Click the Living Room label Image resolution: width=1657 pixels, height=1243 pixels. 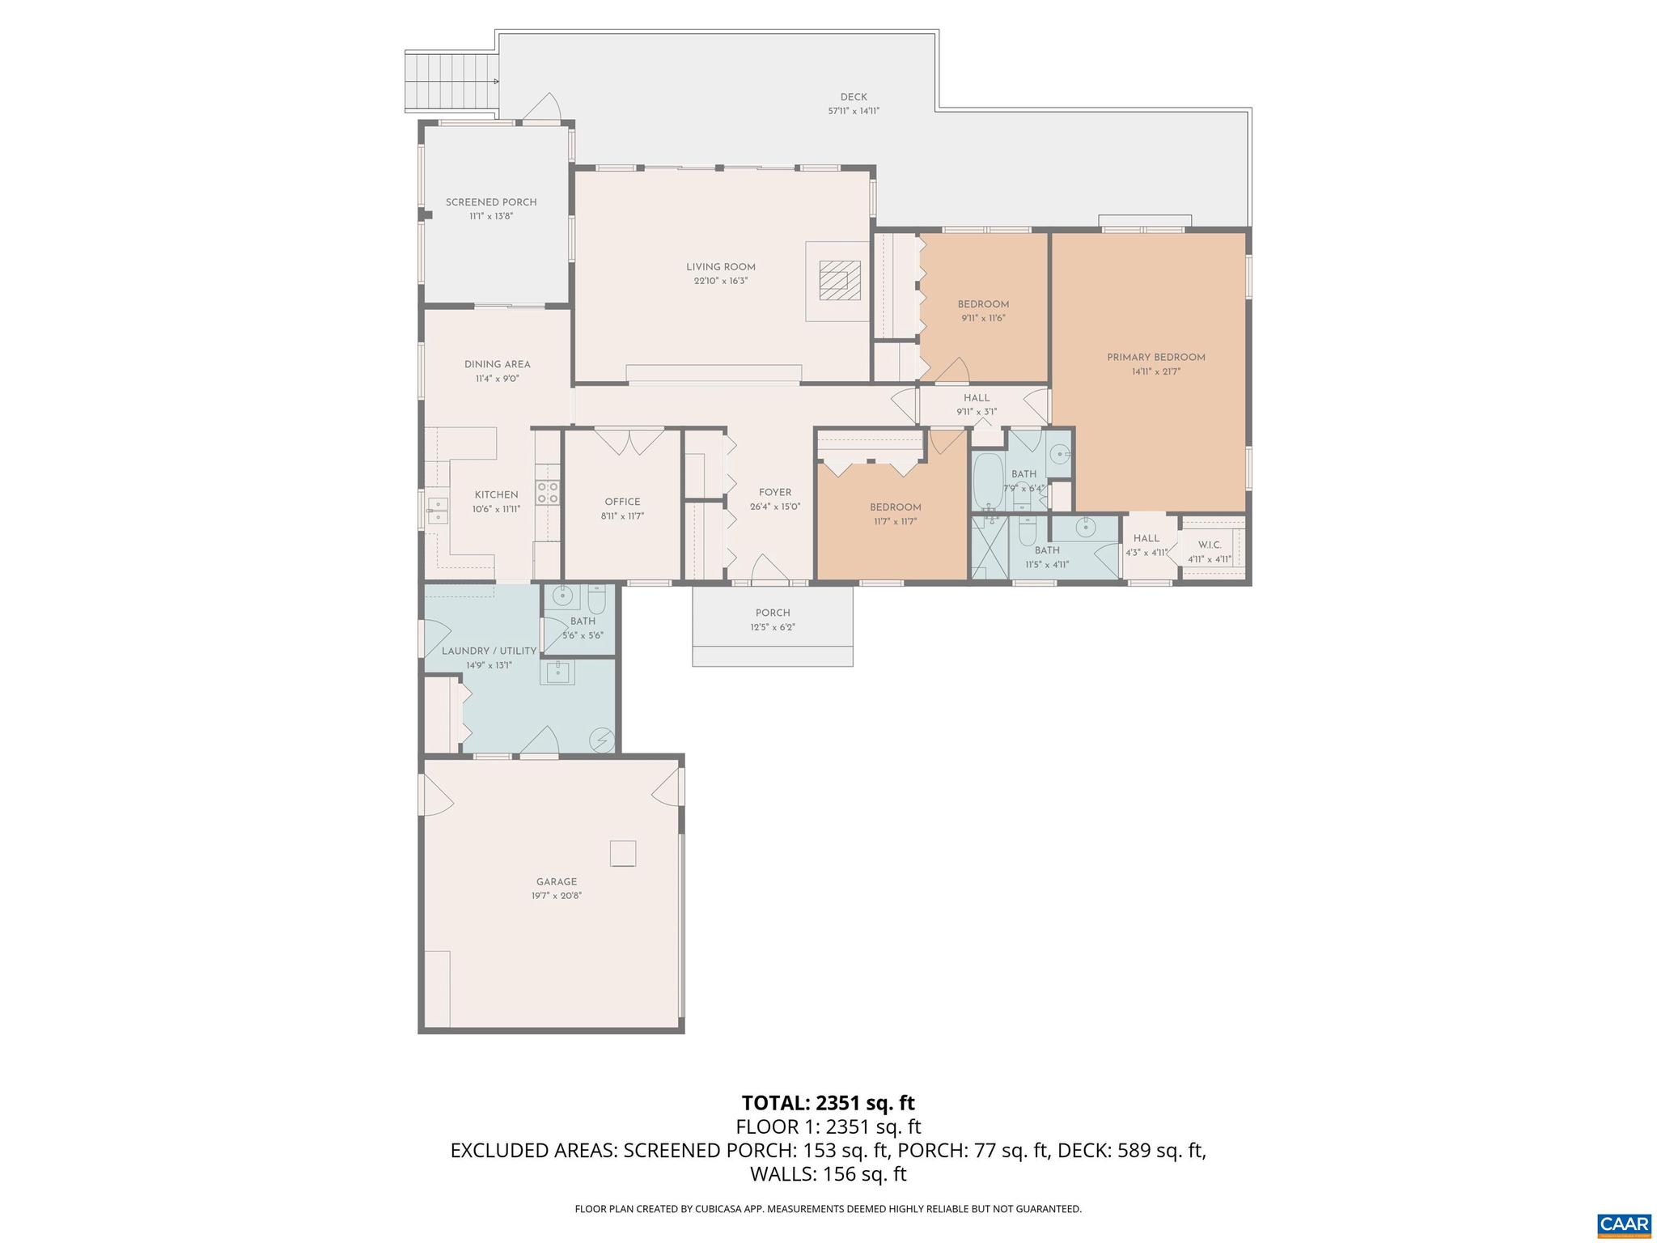(x=720, y=267)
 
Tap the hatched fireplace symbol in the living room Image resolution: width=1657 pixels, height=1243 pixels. (x=833, y=281)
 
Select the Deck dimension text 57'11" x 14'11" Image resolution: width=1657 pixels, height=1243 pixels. (x=853, y=112)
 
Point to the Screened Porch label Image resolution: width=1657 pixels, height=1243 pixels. (x=491, y=202)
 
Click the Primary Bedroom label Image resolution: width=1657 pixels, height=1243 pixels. (x=1155, y=357)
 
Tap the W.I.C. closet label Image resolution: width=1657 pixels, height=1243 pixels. (x=1210, y=545)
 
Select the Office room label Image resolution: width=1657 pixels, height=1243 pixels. (x=622, y=502)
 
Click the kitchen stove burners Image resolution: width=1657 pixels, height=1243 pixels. (x=548, y=492)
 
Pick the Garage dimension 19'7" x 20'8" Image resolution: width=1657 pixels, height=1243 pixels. (x=557, y=896)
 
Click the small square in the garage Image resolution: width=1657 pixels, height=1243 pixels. (x=622, y=853)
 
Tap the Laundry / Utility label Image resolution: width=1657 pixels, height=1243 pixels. (x=489, y=651)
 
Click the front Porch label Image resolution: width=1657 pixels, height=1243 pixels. (x=772, y=613)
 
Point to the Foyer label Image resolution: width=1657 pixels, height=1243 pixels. (x=774, y=492)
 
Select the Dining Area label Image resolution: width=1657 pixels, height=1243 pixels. (x=497, y=364)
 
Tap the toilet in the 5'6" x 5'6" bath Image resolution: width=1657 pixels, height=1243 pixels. (x=596, y=600)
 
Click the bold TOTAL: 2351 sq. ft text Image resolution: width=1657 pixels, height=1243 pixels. (x=828, y=1103)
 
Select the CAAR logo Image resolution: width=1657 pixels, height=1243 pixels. (x=1624, y=1223)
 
